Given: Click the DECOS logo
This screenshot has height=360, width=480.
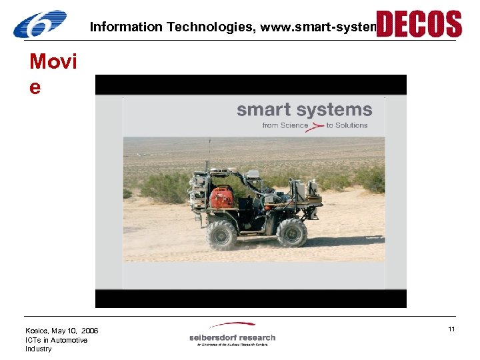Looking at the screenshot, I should pyautogui.click(x=419, y=24).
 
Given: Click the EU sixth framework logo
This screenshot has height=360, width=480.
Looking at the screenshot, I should pyautogui.click(x=40, y=24).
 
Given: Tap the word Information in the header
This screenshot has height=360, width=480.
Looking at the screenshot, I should pyautogui.click(x=126, y=27).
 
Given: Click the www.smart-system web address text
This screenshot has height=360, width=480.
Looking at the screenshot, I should pyautogui.click(x=319, y=27).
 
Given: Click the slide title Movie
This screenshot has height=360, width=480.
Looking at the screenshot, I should pyautogui.click(x=53, y=74).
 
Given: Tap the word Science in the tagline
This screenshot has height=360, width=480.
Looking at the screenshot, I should pyautogui.click(x=295, y=125).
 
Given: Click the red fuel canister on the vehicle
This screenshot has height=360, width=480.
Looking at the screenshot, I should pyautogui.click(x=221, y=197).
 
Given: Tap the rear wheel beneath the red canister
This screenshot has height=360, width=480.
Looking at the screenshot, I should pyautogui.click(x=222, y=235).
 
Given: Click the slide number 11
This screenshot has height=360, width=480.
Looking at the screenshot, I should pyautogui.click(x=451, y=329).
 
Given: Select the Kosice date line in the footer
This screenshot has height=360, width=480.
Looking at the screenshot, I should pyautogui.click(x=61, y=331).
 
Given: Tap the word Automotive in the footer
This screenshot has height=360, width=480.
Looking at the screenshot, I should pyautogui.click(x=69, y=340).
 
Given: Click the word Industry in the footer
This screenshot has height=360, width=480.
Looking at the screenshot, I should pyautogui.click(x=38, y=349).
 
